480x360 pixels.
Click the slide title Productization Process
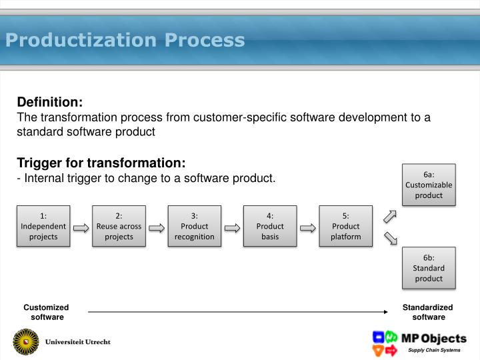(x=125, y=41)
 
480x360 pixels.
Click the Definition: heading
(x=49, y=102)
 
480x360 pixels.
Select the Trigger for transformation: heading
(x=101, y=163)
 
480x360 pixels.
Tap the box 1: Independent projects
(x=43, y=226)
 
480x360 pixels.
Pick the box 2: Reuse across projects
(x=119, y=226)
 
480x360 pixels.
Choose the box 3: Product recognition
(x=195, y=226)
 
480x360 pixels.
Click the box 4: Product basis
(x=270, y=226)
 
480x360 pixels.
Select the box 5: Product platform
(x=346, y=226)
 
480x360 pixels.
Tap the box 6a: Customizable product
(x=429, y=185)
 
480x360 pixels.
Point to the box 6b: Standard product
(x=429, y=268)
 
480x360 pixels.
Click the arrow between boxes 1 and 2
(x=81, y=227)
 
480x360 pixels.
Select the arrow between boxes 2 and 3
(x=157, y=227)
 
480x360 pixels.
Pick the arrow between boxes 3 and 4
(x=232, y=227)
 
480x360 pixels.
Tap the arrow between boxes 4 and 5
(x=308, y=227)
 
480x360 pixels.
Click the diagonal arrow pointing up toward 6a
(x=391, y=216)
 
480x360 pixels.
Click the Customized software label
(x=46, y=312)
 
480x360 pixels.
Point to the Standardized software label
(x=427, y=312)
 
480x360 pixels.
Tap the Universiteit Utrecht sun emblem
(x=26, y=342)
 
